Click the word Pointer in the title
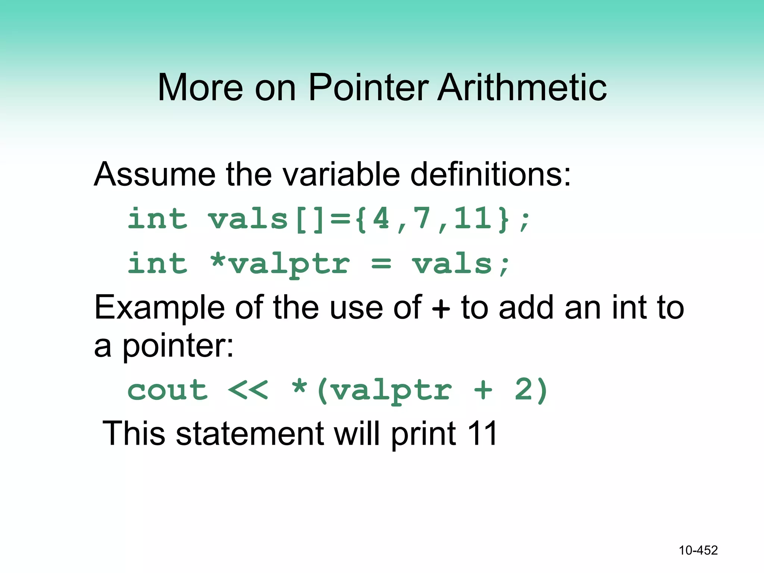tap(368, 88)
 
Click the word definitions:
tap(491, 174)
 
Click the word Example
tap(159, 308)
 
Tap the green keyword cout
tap(167, 391)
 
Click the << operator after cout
tap(248, 391)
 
